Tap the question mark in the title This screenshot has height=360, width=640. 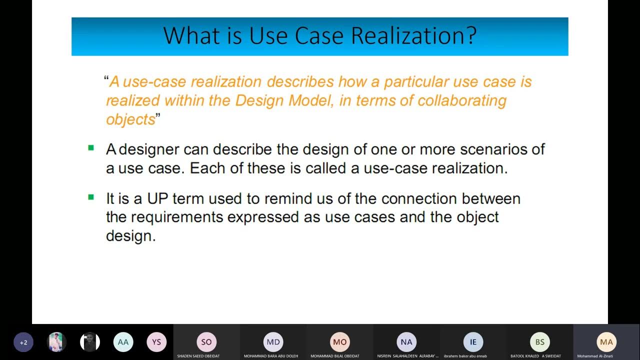471,36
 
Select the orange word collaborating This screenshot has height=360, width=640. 462,100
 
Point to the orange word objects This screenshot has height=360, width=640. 130,119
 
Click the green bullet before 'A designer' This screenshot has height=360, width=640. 91,148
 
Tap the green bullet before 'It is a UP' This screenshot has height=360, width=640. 91,197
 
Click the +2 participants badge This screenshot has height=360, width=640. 23,342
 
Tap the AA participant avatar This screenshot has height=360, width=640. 123,342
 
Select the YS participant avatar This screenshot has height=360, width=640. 156,342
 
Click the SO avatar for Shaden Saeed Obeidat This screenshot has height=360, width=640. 206,342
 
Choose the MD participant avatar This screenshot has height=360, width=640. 273,342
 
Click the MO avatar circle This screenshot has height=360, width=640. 340,342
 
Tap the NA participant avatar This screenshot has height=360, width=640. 406,342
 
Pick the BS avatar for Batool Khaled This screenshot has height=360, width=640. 540,342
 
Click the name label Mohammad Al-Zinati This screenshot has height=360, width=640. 595,356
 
